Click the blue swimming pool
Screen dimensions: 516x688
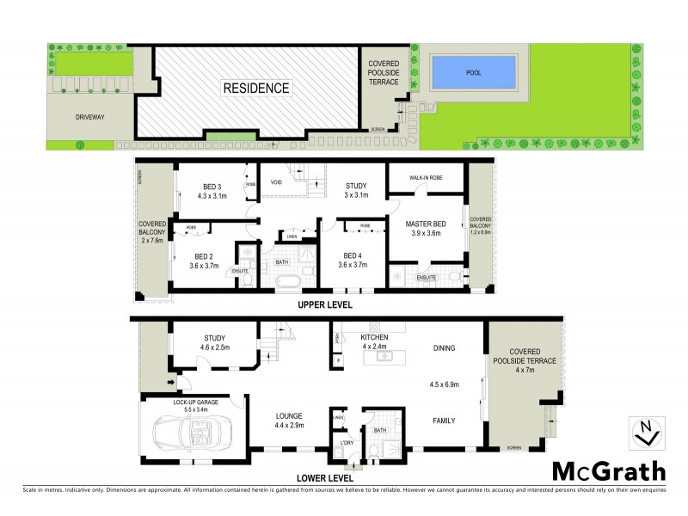(x=474, y=72)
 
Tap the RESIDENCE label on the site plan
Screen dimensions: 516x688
(x=256, y=88)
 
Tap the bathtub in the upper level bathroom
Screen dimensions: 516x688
(x=286, y=280)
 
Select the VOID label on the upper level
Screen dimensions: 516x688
(x=277, y=183)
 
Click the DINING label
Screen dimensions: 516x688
(x=445, y=348)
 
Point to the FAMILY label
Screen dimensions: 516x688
(x=445, y=421)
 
